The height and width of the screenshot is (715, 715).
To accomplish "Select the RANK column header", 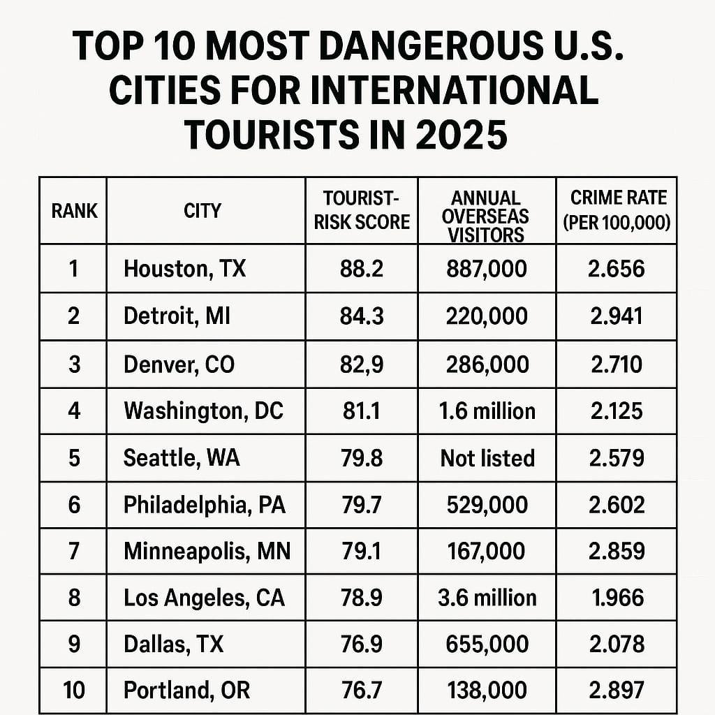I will [74, 210].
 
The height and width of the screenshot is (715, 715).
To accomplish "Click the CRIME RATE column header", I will [616, 210].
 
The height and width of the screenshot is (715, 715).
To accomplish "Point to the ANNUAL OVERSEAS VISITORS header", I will [486, 216].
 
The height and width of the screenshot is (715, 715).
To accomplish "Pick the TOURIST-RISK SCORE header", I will [362, 210].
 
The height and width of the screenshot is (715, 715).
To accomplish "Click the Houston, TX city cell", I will [184, 269].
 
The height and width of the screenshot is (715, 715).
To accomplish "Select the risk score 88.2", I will [362, 269].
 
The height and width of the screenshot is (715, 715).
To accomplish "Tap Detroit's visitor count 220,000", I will [487, 316].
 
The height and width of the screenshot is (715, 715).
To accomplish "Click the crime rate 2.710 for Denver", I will [616, 364].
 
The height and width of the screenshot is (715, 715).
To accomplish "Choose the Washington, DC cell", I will [203, 411].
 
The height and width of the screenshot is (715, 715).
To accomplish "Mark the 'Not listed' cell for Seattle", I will [487, 458].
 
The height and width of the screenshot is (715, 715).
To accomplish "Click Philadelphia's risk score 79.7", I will [362, 505].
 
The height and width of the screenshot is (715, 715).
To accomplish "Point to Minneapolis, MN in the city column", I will [207, 552].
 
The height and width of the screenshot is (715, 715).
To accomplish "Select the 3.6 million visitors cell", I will [487, 598].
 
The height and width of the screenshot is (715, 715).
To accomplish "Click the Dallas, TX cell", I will [173, 644].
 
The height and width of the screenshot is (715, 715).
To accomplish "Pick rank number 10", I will [74, 691].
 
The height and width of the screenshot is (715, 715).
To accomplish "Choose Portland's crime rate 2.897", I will [616, 691].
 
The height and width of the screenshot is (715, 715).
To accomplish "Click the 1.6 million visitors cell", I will [487, 411].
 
